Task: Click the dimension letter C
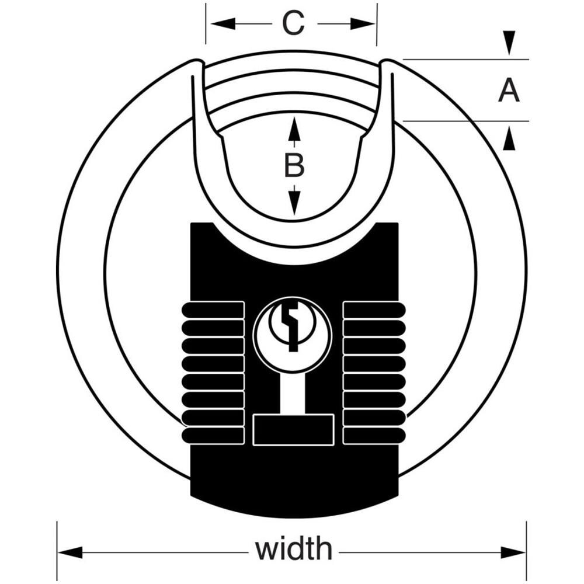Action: (x=293, y=23)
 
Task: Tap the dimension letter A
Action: (x=509, y=91)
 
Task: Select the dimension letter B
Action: (x=294, y=166)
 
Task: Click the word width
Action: (x=294, y=550)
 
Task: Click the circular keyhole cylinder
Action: (x=292, y=333)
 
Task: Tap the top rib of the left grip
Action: (x=213, y=310)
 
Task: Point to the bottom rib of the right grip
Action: (x=374, y=436)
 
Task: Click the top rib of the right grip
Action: (x=374, y=310)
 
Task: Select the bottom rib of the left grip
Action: (x=213, y=436)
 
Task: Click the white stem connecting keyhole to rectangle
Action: (x=294, y=394)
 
